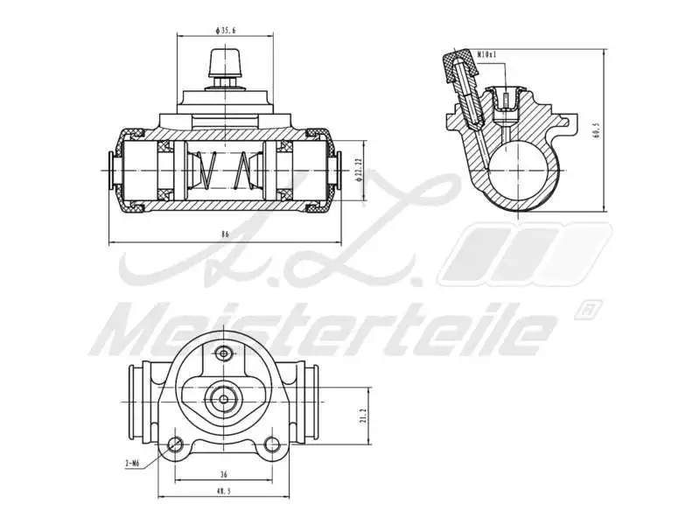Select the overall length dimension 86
[225, 234]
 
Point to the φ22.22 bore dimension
[360, 169]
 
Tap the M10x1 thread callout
[487, 55]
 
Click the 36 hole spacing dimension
[224, 474]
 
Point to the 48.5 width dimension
[224, 492]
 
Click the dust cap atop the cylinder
[226, 64]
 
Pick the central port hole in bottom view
[225, 400]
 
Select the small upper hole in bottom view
[225, 353]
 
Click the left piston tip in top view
[112, 168]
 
